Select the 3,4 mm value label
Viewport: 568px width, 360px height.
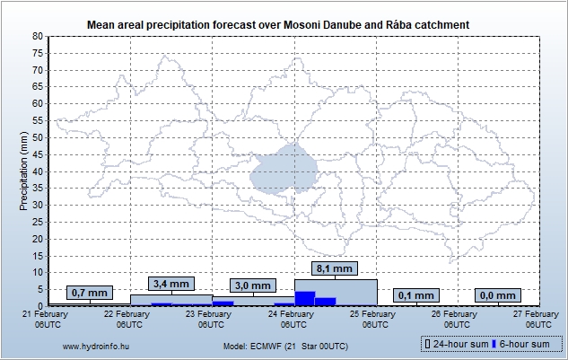pos(171,284)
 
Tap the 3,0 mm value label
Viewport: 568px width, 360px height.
pos(253,285)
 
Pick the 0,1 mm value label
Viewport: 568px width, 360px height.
pos(416,294)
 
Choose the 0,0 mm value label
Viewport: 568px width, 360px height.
pos(499,294)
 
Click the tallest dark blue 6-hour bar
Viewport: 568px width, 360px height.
pos(305,298)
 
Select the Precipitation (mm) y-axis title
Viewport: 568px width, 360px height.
pos(23,171)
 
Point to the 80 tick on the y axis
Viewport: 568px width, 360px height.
pos(39,36)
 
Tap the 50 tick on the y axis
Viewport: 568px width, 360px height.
pos(39,137)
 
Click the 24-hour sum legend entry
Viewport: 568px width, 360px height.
pos(456,345)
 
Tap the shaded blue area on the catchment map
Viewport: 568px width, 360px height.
pos(285,169)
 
